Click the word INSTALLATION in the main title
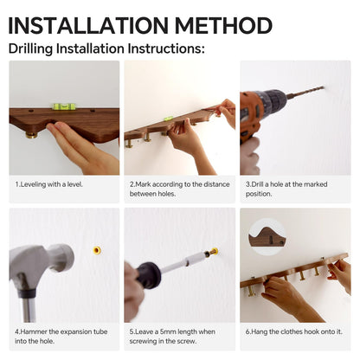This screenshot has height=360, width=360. pyautogui.click(x=88, y=25)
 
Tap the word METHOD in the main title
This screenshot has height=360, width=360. pyautogui.click(x=223, y=25)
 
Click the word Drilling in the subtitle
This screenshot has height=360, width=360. pyautogui.click(x=30, y=48)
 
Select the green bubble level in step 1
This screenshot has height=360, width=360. pyautogui.click(x=64, y=106)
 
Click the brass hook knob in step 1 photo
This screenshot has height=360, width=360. pyautogui.click(x=30, y=134)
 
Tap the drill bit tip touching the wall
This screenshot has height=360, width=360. pyautogui.click(x=324, y=87)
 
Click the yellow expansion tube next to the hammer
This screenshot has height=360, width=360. pyautogui.click(x=97, y=250)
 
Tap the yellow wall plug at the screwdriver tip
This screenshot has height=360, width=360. pyautogui.click(x=214, y=251)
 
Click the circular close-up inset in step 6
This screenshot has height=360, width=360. pyautogui.click(x=267, y=237)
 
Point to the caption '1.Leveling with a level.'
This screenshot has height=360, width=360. pyautogui.click(x=48, y=184)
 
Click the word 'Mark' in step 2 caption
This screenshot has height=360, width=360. pyautogui.click(x=143, y=184)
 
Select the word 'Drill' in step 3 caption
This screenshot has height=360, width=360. pyautogui.click(x=257, y=184)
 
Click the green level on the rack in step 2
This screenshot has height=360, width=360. pyautogui.click(x=169, y=118)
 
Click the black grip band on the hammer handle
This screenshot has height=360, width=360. pyautogui.click(x=27, y=293)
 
